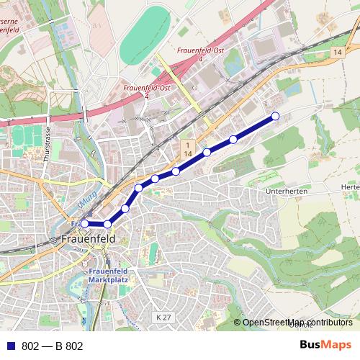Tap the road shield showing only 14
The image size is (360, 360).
337,54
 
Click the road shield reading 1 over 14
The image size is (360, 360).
186,150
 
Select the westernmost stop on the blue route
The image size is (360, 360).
84,223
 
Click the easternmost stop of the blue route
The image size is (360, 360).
274,117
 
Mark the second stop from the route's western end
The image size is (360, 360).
107,224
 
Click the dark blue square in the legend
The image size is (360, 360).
10,346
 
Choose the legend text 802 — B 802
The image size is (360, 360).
53,346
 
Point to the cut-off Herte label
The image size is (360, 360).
351,187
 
